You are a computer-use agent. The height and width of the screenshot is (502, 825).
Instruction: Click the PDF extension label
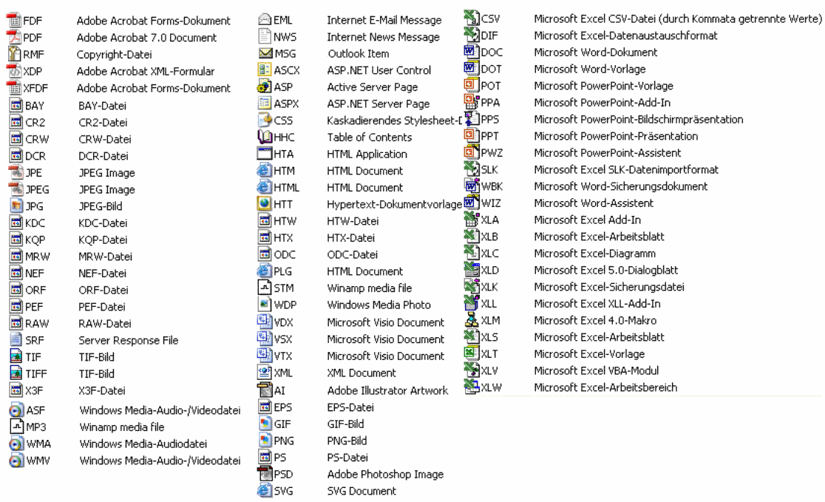click(x=33, y=38)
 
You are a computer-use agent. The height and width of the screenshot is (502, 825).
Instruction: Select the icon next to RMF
click(x=15, y=54)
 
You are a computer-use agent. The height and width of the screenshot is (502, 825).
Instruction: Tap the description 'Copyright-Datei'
click(x=114, y=55)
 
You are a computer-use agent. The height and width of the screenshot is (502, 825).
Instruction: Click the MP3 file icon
click(x=15, y=427)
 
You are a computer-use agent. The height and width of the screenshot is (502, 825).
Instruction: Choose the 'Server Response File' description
click(x=128, y=341)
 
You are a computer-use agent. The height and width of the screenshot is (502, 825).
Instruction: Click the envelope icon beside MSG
click(x=265, y=54)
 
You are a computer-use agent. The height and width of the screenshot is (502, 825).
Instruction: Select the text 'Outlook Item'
click(x=358, y=54)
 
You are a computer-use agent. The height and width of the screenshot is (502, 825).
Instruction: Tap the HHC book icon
click(x=265, y=138)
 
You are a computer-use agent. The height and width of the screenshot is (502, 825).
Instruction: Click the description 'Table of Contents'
click(x=370, y=138)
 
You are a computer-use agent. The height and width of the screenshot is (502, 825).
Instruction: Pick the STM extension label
click(x=283, y=288)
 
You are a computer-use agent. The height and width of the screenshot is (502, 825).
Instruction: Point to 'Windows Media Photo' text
click(x=378, y=305)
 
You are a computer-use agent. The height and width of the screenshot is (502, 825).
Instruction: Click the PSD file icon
click(x=265, y=474)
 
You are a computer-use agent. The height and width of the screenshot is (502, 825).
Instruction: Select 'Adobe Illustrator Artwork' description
click(x=387, y=390)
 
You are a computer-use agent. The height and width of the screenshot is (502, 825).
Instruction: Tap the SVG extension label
click(x=284, y=491)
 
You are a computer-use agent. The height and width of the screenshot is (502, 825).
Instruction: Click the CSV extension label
click(x=491, y=19)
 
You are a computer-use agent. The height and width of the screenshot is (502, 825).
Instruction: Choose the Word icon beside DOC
click(x=470, y=52)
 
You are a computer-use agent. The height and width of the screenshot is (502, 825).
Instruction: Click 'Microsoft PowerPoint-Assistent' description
click(x=607, y=153)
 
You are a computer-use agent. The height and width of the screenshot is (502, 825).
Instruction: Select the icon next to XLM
click(x=471, y=319)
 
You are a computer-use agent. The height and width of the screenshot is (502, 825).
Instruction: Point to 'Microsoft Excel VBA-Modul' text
click(x=596, y=371)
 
